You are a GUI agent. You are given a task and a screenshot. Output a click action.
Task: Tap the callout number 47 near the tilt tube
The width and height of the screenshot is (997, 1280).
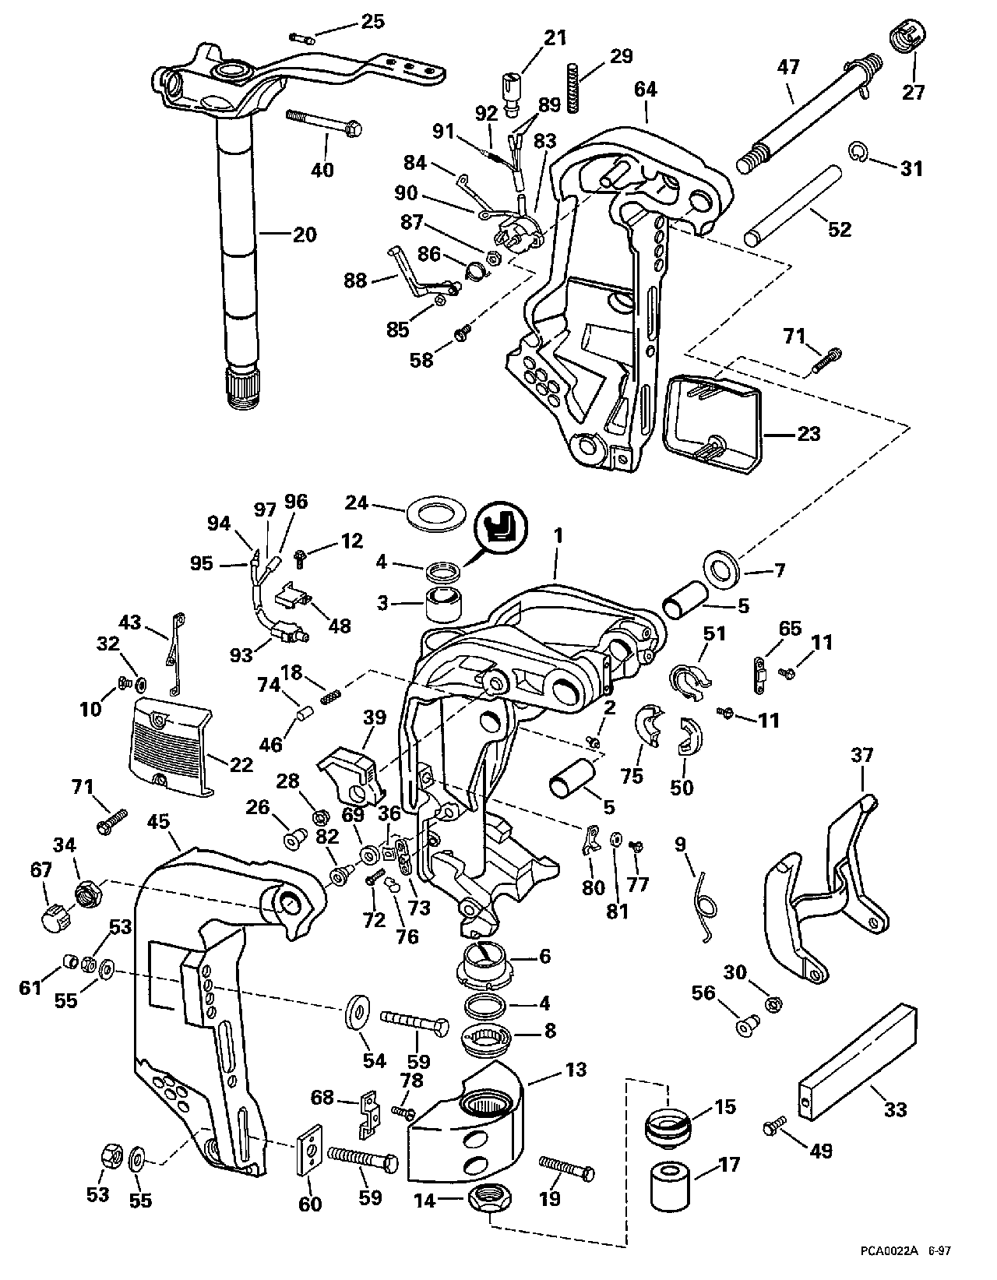point(788,67)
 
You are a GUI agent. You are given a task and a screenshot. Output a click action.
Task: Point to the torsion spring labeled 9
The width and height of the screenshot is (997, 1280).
point(707,901)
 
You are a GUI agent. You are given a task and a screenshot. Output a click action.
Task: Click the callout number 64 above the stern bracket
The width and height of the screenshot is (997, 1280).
point(645,90)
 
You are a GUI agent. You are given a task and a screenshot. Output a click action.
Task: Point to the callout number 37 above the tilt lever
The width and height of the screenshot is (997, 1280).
point(862,754)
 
